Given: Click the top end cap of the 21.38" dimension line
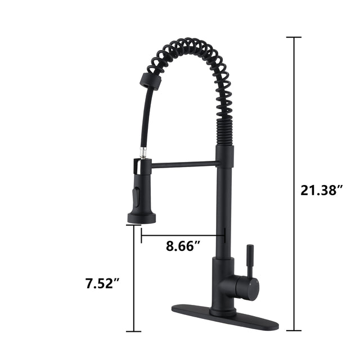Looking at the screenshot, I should pos(294,38).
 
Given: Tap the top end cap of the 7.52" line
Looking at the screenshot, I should pos(133,226).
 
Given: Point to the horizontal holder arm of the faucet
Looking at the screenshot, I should pos(180,164).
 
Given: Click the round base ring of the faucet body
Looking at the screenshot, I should pos(223,311).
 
